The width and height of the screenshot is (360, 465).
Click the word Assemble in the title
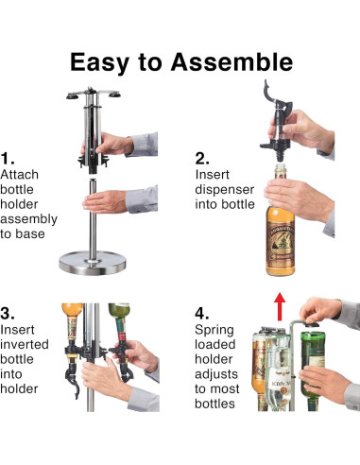click(231, 61)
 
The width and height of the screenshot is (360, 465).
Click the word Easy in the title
click(99, 63)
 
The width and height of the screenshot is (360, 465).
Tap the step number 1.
click(8, 158)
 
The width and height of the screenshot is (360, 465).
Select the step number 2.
click(202, 158)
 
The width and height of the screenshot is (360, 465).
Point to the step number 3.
click(8, 313)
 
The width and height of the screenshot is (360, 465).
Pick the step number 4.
click(202, 313)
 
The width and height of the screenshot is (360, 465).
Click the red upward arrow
click(280, 307)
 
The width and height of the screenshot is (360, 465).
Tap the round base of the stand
click(93, 263)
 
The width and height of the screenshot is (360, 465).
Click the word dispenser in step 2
click(225, 189)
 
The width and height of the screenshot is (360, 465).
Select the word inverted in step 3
click(25, 344)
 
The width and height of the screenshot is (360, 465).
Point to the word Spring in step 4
click(214, 331)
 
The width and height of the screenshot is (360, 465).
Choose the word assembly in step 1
click(29, 219)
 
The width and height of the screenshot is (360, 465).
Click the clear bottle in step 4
click(277, 371)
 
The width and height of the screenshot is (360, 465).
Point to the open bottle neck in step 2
click(281, 171)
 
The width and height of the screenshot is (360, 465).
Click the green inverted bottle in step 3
click(119, 320)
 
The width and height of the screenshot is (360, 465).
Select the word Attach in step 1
click(20, 175)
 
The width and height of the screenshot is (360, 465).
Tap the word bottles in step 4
click(214, 404)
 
